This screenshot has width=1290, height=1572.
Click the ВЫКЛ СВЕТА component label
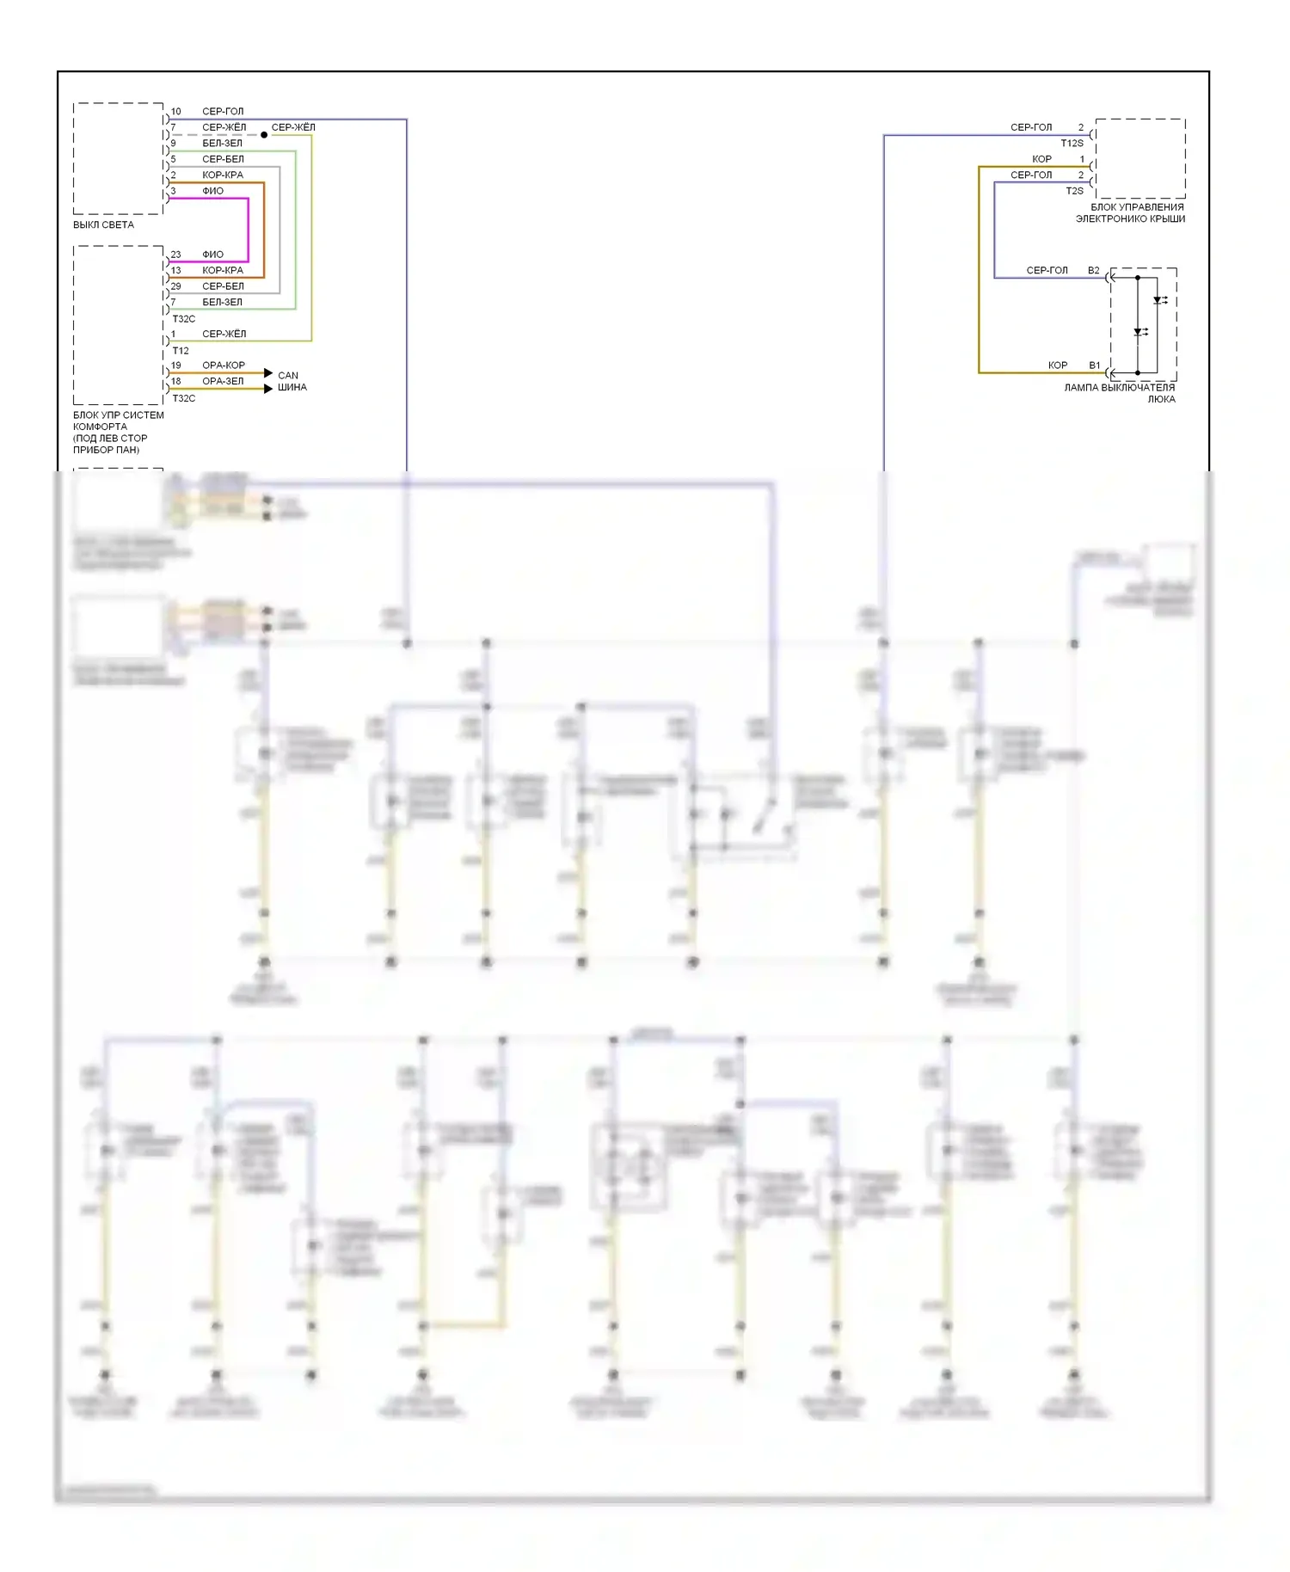[x=103, y=225]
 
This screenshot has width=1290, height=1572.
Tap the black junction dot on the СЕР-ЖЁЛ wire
[x=264, y=135]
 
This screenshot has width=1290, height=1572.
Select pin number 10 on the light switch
[x=175, y=112]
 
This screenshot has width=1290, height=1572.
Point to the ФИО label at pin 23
[x=212, y=255]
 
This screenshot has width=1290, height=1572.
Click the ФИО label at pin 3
[x=212, y=191]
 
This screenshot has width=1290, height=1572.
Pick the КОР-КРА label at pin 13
[x=223, y=270]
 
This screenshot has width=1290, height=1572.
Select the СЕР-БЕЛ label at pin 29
[x=223, y=286]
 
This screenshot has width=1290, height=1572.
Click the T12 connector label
[x=181, y=351]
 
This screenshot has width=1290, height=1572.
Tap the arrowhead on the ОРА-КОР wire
[x=268, y=373]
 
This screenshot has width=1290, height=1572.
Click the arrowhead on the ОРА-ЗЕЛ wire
[x=268, y=389]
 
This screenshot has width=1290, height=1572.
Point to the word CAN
[x=288, y=376]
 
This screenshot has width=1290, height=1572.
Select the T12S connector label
[x=1072, y=144]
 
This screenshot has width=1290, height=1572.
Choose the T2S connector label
[x=1074, y=191]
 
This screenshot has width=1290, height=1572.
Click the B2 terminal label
[x=1093, y=271]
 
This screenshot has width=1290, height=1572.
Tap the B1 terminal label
[x=1094, y=365]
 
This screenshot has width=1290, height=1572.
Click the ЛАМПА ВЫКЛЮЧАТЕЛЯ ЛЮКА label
[x=1120, y=393]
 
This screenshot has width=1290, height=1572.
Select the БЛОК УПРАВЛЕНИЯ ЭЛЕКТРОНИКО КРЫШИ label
[x=1131, y=213]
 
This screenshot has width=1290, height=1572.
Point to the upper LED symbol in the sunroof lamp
[x=1159, y=301]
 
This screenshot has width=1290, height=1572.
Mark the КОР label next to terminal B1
[x=1057, y=365]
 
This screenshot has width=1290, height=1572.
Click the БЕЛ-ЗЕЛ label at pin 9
[x=222, y=144]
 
